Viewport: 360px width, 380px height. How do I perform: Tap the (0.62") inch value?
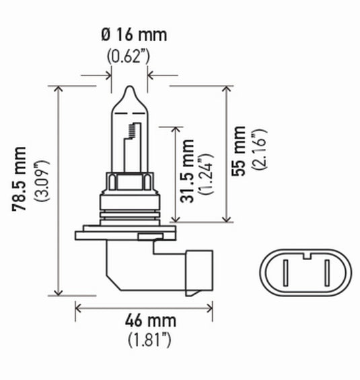pyautogui.click(x=129, y=57)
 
